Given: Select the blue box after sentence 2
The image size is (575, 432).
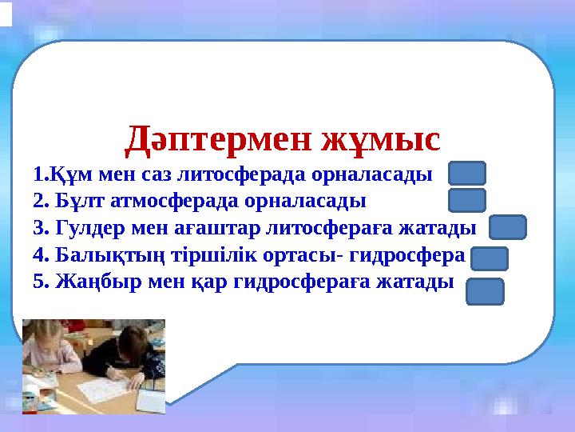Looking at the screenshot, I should [466, 200].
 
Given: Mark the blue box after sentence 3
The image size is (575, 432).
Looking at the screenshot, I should [507, 228].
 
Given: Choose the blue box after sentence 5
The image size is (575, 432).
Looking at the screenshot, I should [485, 291].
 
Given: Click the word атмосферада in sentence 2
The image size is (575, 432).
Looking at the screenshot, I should [165, 200].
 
